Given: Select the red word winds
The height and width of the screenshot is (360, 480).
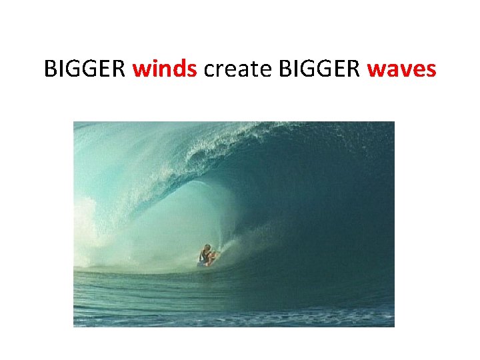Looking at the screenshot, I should pos(165,68).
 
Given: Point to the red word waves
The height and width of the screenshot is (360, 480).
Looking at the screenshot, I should pos(402,68).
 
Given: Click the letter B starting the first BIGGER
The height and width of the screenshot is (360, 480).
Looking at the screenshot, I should pos(50,68).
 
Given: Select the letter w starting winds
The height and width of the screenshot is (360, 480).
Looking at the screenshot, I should pos(141,69).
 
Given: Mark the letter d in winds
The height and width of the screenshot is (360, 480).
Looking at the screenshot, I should pos(179,68).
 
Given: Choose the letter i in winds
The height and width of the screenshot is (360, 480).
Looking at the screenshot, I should pos(153,68).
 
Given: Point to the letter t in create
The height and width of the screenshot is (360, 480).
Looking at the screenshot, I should pos(249,69).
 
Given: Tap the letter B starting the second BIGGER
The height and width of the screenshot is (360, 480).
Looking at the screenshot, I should pos(279,68).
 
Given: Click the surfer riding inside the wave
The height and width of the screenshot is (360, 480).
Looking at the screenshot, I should pos(206,256).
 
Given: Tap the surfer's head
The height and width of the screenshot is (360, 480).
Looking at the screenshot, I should pos(207,247).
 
